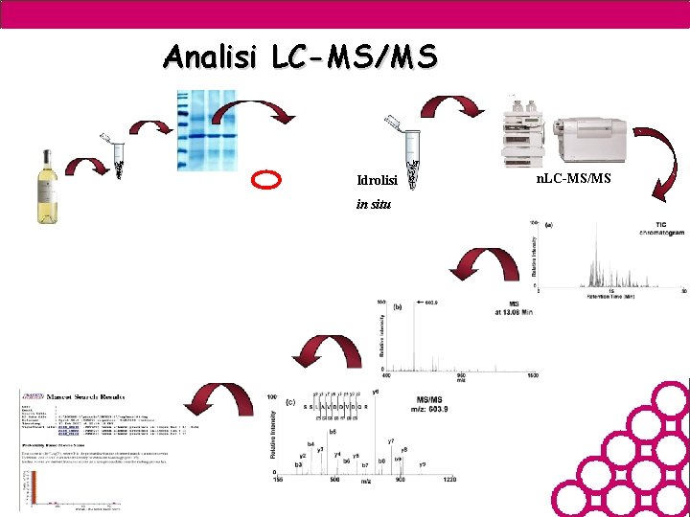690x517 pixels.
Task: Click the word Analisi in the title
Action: click(211, 56)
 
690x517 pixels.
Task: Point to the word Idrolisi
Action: click(377, 181)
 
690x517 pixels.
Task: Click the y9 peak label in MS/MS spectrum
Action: click(422, 465)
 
